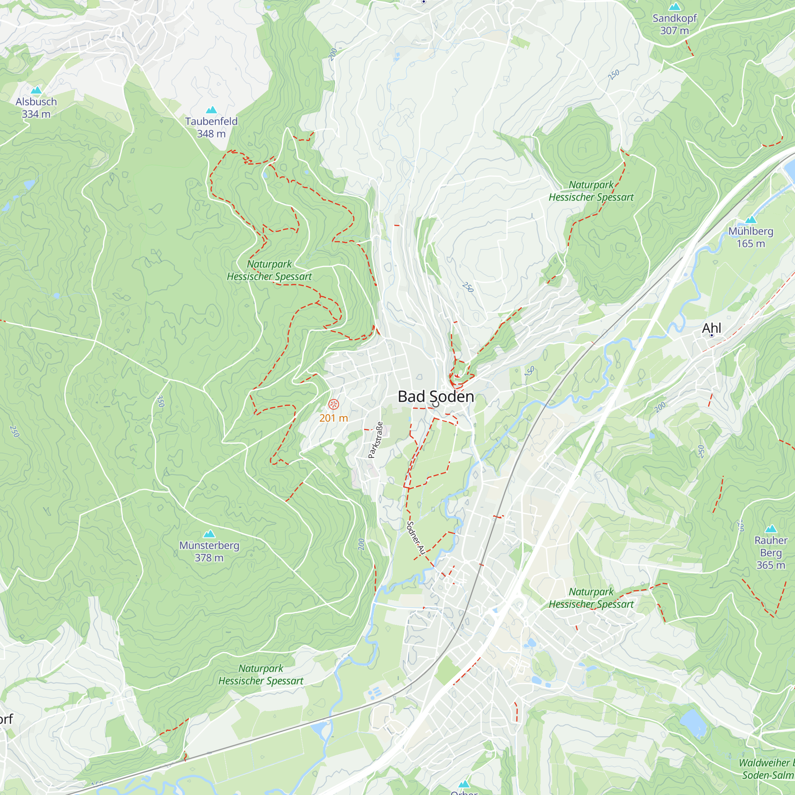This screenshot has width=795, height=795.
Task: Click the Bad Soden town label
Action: [436, 397]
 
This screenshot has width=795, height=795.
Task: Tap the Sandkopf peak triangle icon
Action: [675, 7]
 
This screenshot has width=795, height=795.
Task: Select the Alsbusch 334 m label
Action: [36, 108]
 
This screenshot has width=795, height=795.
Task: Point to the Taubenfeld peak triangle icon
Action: [211, 109]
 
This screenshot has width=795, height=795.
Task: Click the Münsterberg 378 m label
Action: [209, 551]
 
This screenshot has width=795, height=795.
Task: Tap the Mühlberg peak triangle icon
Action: [750, 220]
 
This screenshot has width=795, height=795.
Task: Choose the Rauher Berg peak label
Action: [770, 553]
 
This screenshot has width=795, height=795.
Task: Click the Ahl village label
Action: [712, 328]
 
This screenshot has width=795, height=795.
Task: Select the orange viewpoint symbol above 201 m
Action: [334, 404]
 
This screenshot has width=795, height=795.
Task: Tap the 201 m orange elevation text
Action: [334, 418]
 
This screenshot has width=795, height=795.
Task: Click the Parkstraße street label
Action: [376, 440]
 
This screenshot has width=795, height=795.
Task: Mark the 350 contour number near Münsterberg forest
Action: [161, 401]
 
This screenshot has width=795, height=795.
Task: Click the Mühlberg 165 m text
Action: [750, 237]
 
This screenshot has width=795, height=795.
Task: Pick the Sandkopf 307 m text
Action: [675, 24]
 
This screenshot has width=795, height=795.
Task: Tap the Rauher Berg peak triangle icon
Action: [770, 529]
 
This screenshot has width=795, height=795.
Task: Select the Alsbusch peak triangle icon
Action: [36, 90]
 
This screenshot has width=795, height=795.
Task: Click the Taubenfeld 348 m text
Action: [211, 128]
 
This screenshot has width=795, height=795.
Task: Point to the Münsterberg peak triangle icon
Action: [209, 534]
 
